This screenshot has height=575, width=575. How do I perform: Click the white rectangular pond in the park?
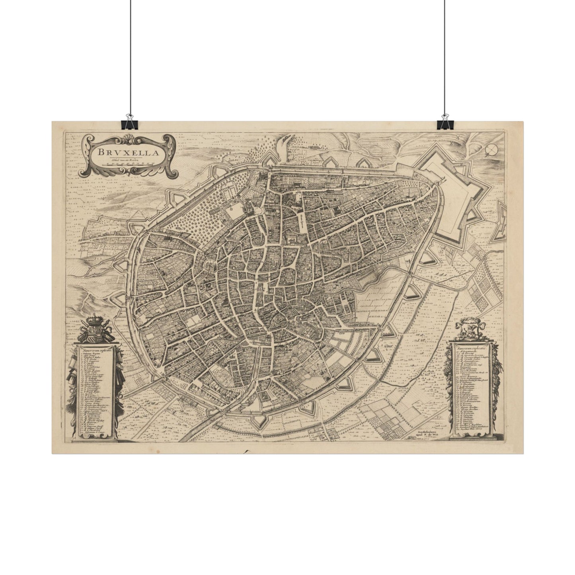[235, 209]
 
